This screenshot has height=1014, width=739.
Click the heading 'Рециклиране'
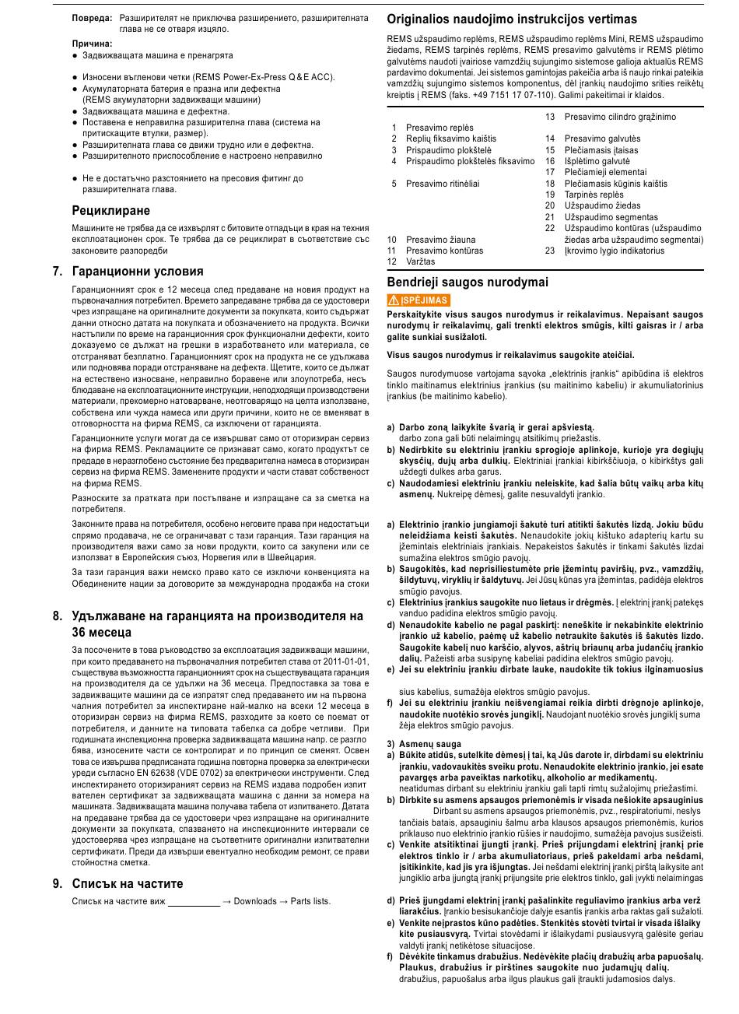[x=110, y=211]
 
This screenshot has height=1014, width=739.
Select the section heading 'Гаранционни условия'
[x=137, y=272]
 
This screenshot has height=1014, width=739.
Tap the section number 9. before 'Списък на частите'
[x=58, y=883]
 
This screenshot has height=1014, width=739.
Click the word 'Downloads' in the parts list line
[x=255, y=902]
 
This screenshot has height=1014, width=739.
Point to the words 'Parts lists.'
[x=310, y=902]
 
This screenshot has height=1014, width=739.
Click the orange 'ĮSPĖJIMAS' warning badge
[x=419, y=300]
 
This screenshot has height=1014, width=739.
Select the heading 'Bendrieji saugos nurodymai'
[x=468, y=282]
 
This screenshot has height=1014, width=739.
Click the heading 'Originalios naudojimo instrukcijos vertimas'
[x=512, y=19]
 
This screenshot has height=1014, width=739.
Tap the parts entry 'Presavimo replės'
[x=439, y=128]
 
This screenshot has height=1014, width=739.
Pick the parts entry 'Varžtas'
[x=420, y=262]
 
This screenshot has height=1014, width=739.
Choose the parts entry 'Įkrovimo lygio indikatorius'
[x=615, y=251]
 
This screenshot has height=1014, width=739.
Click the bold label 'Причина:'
[x=92, y=44]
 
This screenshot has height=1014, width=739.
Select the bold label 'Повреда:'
[x=92, y=17]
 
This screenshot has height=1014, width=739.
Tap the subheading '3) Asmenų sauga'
[x=424, y=744]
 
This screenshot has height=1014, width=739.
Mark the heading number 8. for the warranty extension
[x=58, y=616]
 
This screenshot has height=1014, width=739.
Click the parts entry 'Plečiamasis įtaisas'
[x=601, y=150]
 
